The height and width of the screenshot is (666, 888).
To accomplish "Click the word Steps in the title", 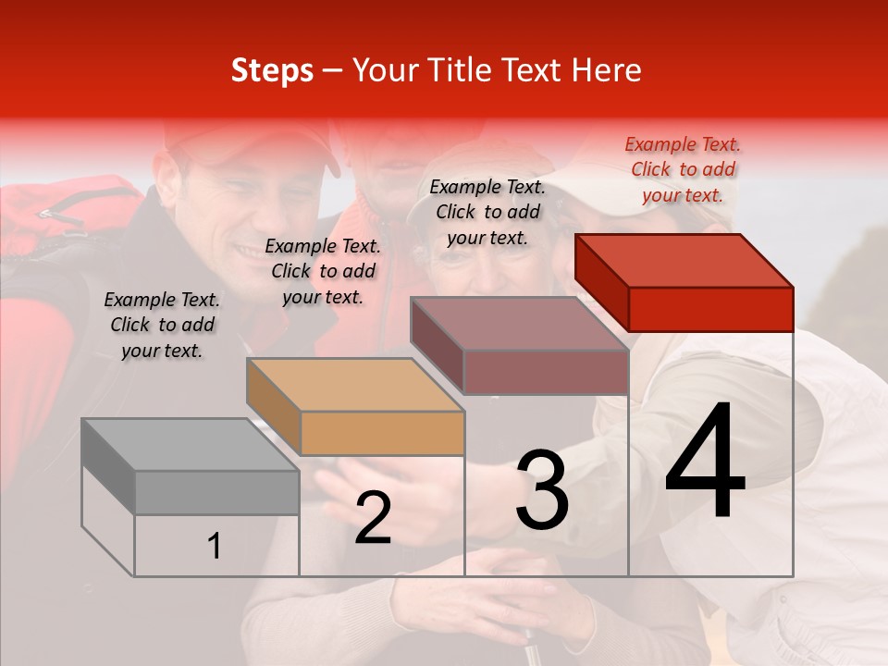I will [272, 71].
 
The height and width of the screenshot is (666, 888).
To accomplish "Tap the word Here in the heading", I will [607, 70].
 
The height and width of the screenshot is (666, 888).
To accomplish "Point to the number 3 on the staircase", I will [542, 489].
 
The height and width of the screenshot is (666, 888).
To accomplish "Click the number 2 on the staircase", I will [373, 518].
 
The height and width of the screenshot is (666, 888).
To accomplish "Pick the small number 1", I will [214, 547].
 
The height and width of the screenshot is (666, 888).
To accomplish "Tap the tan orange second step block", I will [357, 407].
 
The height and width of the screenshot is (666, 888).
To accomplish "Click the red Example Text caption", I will [683, 169].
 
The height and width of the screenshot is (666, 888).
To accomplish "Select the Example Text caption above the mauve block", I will [487, 212].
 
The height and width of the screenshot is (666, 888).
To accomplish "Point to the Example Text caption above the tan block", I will [323, 271].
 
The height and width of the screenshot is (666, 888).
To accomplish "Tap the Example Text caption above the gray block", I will [162, 325].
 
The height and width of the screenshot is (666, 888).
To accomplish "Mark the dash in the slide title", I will [332, 71].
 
